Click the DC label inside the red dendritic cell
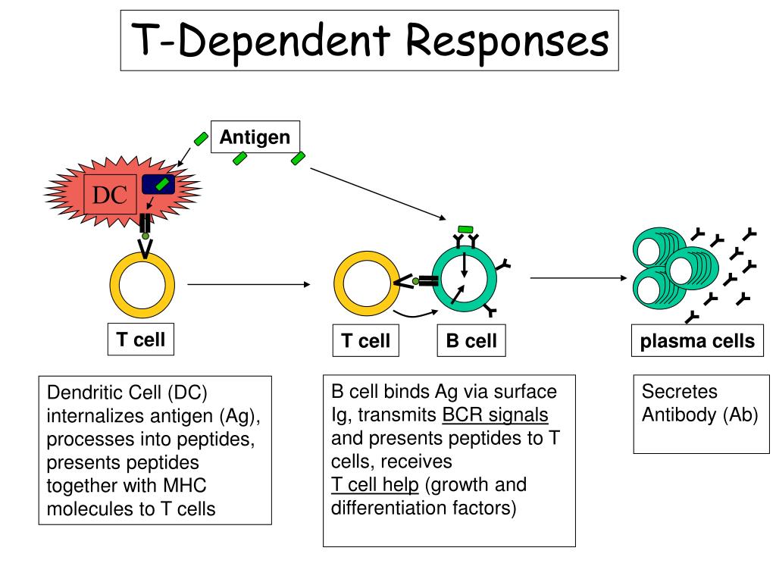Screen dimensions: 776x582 click(110, 195)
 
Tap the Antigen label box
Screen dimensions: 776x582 click(255, 136)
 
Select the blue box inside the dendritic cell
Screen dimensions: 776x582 click(158, 185)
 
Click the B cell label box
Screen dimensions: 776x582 click(471, 340)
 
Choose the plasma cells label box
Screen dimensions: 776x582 click(697, 340)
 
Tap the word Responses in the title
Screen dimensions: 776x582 click(507, 41)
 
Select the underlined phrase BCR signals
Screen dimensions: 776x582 click(495, 415)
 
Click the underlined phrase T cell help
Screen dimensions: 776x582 click(375, 484)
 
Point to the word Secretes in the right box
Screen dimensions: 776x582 click(680, 392)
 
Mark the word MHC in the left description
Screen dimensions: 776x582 click(185, 486)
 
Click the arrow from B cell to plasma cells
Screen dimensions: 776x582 click(578, 278)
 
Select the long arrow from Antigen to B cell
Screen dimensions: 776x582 click(378, 193)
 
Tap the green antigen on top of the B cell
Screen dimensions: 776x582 click(465, 230)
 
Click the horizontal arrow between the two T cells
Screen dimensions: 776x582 click(249, 285)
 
